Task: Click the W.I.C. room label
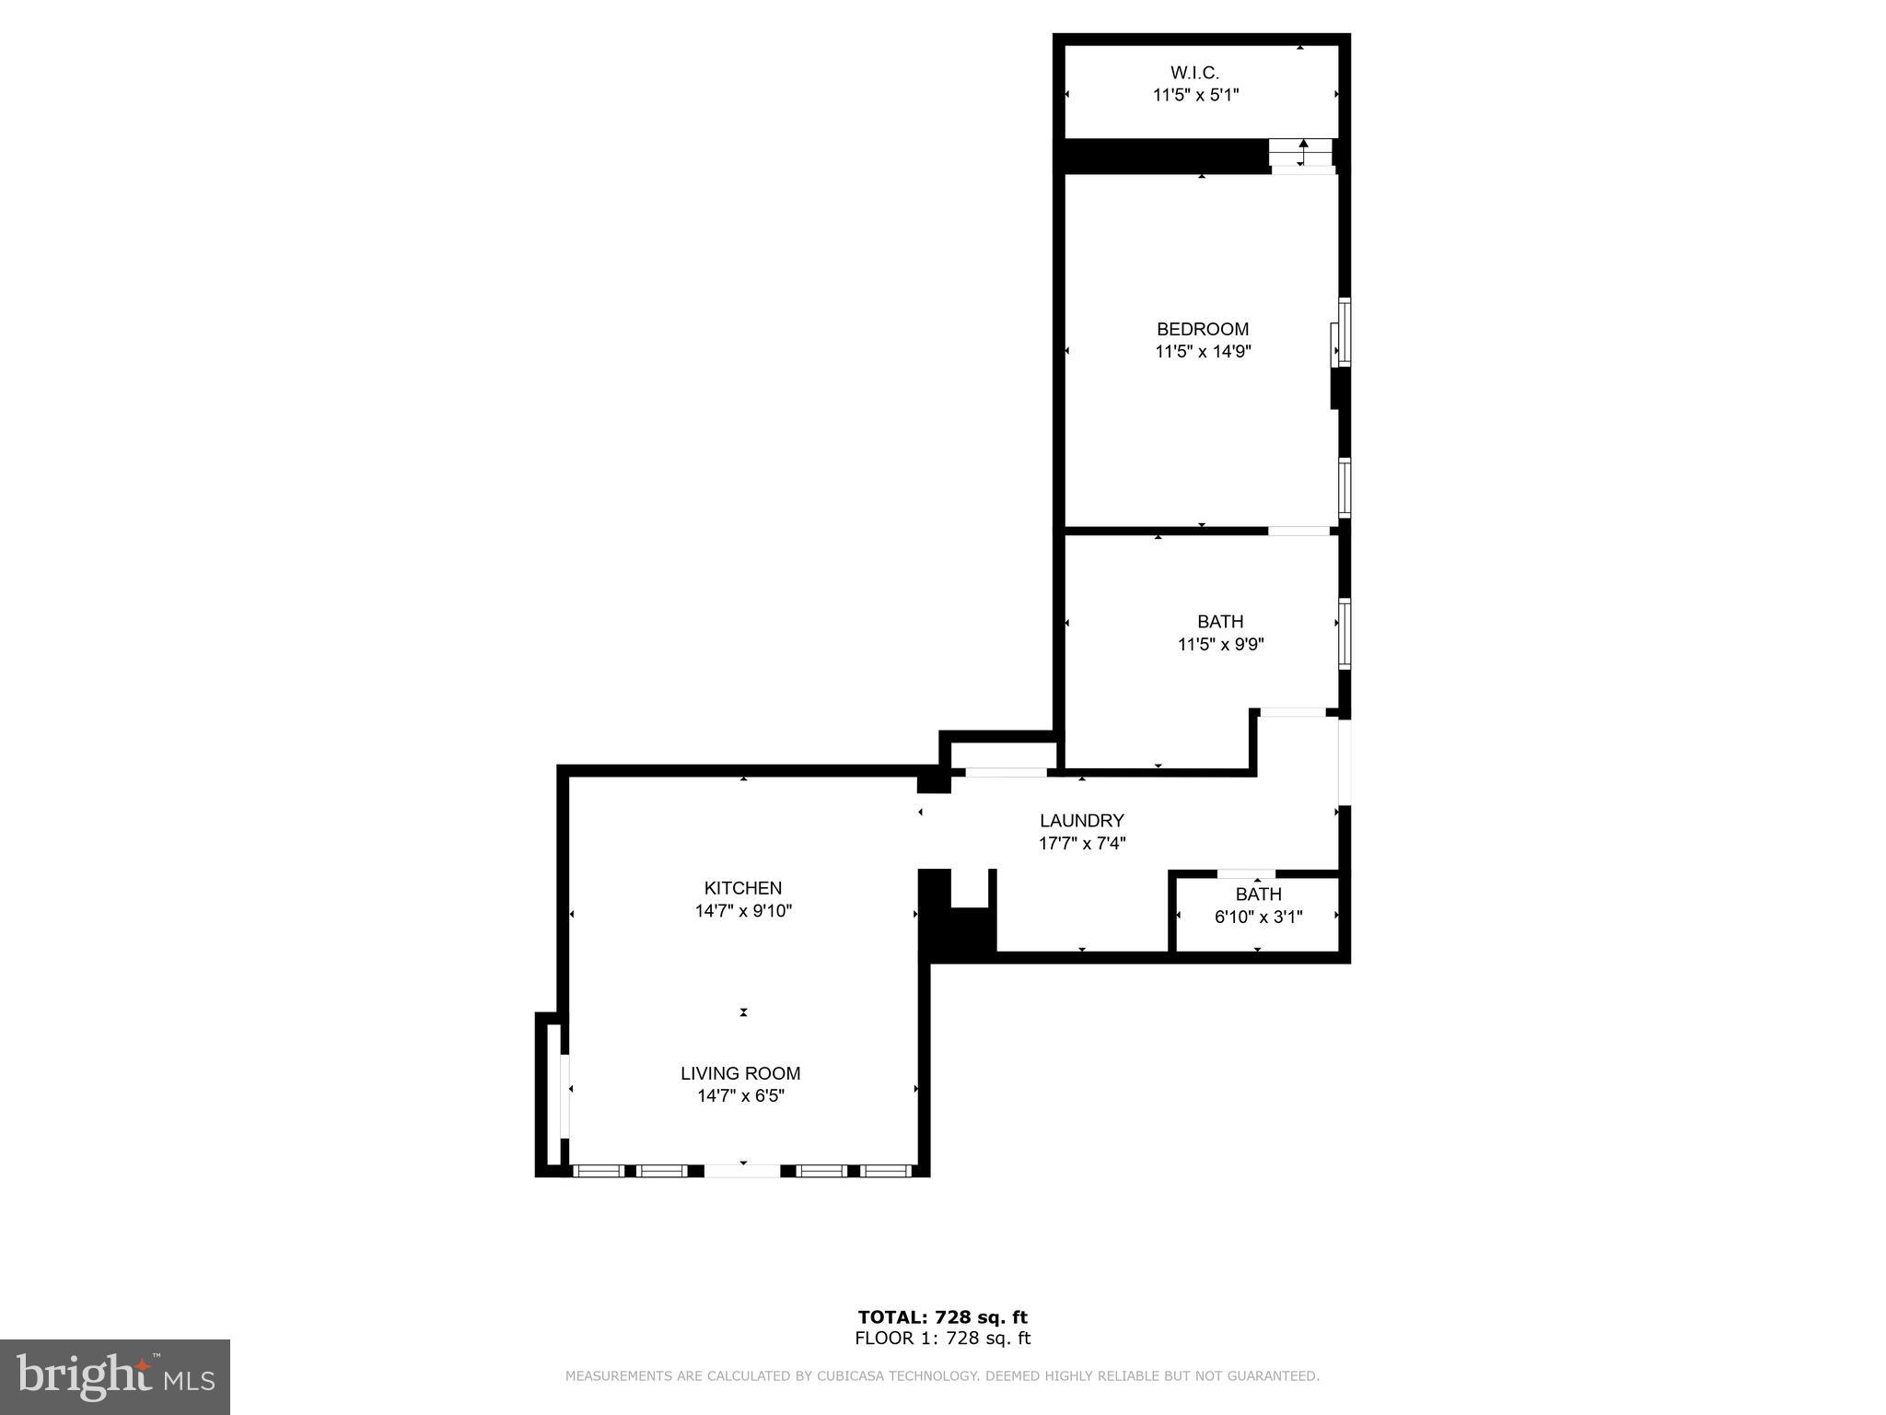point(1194,72)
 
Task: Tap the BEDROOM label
point(1202,329)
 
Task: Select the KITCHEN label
point(742,888)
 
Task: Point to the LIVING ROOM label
point(740,1073)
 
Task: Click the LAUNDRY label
point(1081,820)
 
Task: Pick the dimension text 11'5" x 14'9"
point(1203,352)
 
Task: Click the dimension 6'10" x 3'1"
point(1258,917)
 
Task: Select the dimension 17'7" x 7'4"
point(1081,843)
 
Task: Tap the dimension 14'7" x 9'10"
point(742,911)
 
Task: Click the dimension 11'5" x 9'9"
point(1220,645)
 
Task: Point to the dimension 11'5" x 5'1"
point(1195,95)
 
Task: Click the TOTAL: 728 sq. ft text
point(942,1317)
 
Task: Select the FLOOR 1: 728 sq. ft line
point(942,1339)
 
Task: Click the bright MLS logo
point(115,1376)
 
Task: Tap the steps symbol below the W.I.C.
point(1301,153)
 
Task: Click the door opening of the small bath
point(1246,873)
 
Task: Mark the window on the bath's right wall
point(1345,633)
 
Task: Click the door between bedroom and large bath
point(1298,531)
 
